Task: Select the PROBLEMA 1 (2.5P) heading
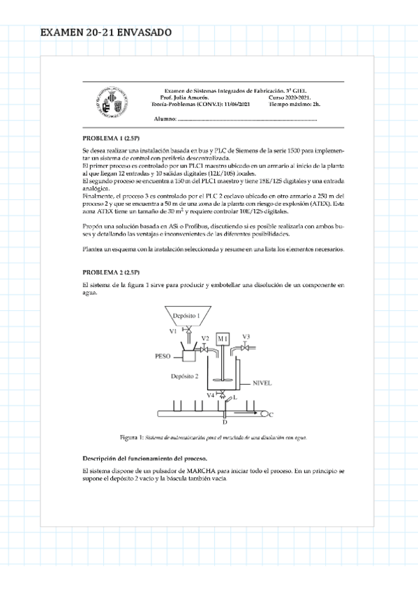tap(111, 138)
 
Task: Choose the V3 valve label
tap(246, 336)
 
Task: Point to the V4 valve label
tap(210, 395)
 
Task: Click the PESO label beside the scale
tap(163, 355)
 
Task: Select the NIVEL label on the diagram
tap(262, 383)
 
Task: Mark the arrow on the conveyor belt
tap(267, 414)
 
